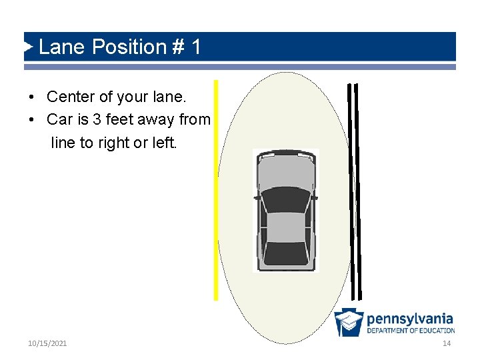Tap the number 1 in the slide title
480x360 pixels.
[x=195, y=47]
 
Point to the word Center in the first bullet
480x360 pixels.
[x=71, y=97]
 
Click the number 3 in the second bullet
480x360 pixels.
[x=97, y=120]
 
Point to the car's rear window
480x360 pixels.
[x=285, y=251]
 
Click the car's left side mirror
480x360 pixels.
[x=256, y=197]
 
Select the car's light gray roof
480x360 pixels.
[x=285, y=227]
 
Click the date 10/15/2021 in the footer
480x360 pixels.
[x=47, y=343]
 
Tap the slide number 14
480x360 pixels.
[x=447, y=343]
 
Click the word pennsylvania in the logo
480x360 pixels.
[x=409, y=319]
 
